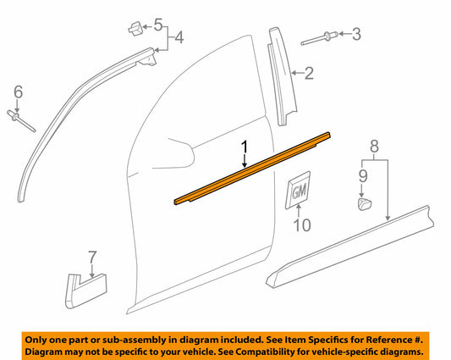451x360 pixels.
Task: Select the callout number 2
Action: tap(310, 75)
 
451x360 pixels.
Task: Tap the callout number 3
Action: tap(356, 34)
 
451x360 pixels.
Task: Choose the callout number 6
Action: tap(18, 91)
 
